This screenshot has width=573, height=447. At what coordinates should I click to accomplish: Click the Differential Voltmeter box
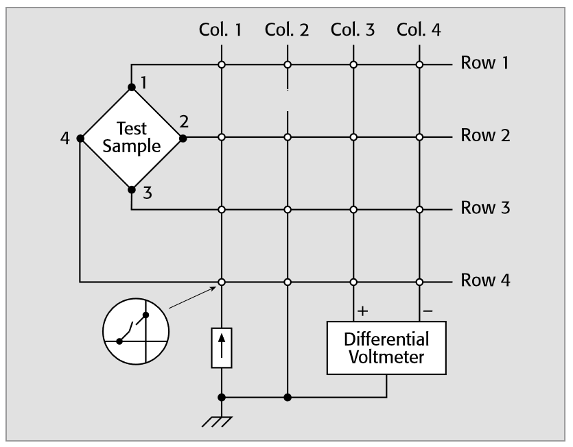coord(387,348)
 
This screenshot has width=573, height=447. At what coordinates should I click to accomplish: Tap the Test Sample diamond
coord(132,137)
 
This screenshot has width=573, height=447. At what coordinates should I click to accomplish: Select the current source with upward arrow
coord(221,348)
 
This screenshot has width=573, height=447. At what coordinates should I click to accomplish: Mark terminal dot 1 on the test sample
coord(132,88)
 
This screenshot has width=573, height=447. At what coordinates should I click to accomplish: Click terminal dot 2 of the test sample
coord(183,137)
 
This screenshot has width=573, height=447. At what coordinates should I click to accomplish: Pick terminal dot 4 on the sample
coord(80,137)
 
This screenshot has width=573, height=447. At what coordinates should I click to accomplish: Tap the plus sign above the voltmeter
coord(363,311)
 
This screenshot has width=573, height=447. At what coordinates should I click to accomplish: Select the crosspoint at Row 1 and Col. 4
coord(419,65)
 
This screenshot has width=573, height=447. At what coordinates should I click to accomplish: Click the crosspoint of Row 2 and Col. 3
coord(353,137)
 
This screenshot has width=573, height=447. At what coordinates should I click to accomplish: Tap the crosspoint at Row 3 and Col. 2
coord(288,208)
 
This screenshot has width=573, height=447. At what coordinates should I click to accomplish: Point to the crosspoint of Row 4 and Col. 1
coord(221,281)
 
